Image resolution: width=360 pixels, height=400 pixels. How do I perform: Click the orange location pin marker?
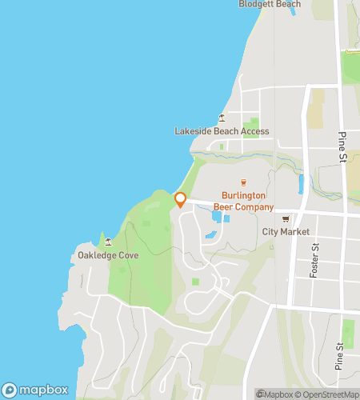181,199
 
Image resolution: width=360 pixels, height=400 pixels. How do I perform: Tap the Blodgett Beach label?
270,4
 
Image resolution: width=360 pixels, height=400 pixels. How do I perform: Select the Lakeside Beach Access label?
222,131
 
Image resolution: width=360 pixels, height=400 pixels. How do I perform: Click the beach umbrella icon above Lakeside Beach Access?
222,118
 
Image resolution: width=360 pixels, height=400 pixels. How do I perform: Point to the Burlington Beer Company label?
244,201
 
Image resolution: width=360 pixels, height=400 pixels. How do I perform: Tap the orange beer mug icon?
244,182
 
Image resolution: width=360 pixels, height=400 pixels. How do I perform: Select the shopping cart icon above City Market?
286,219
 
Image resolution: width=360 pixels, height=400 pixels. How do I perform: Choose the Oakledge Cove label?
108,255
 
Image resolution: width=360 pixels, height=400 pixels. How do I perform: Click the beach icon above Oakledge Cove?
108,242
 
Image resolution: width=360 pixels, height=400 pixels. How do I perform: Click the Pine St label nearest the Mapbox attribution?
341,356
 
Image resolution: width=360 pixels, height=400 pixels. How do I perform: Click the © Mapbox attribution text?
275,394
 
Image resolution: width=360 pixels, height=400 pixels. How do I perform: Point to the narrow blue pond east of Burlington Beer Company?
301,185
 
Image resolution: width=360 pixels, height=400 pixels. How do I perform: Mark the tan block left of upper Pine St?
318,108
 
